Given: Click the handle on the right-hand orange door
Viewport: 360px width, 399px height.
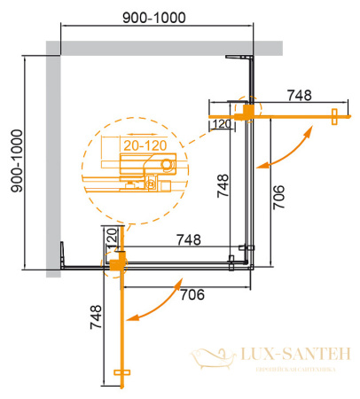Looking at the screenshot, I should pyautogui.click(x=334, y=116).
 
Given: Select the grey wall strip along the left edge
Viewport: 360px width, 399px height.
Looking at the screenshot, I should pyautogui.click(x=52, y=160).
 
